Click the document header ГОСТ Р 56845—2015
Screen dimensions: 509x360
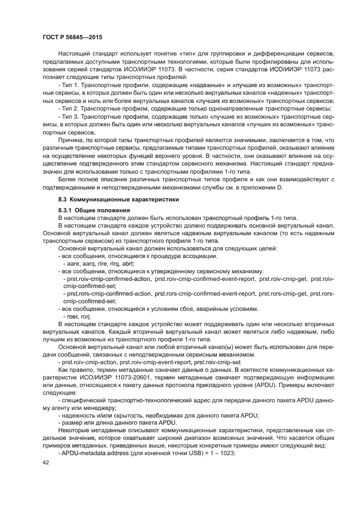(72, 37)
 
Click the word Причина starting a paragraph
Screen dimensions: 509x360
(70, 139)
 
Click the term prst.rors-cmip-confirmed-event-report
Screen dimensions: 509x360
(205, 293)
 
